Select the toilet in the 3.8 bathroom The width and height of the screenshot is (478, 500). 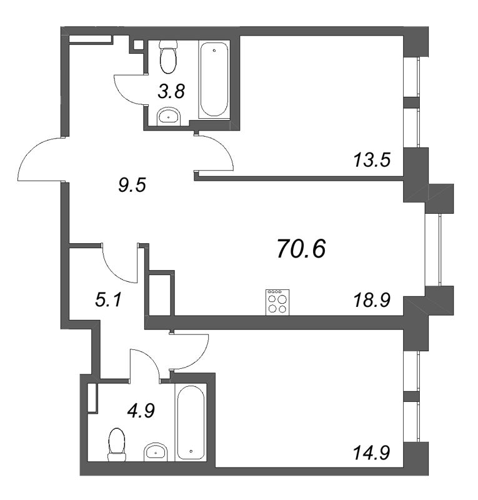click(x=168, y=57)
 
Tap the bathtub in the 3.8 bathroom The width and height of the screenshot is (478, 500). click(x=215, y=79)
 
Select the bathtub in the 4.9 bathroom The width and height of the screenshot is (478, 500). click(x=191, y=422)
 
